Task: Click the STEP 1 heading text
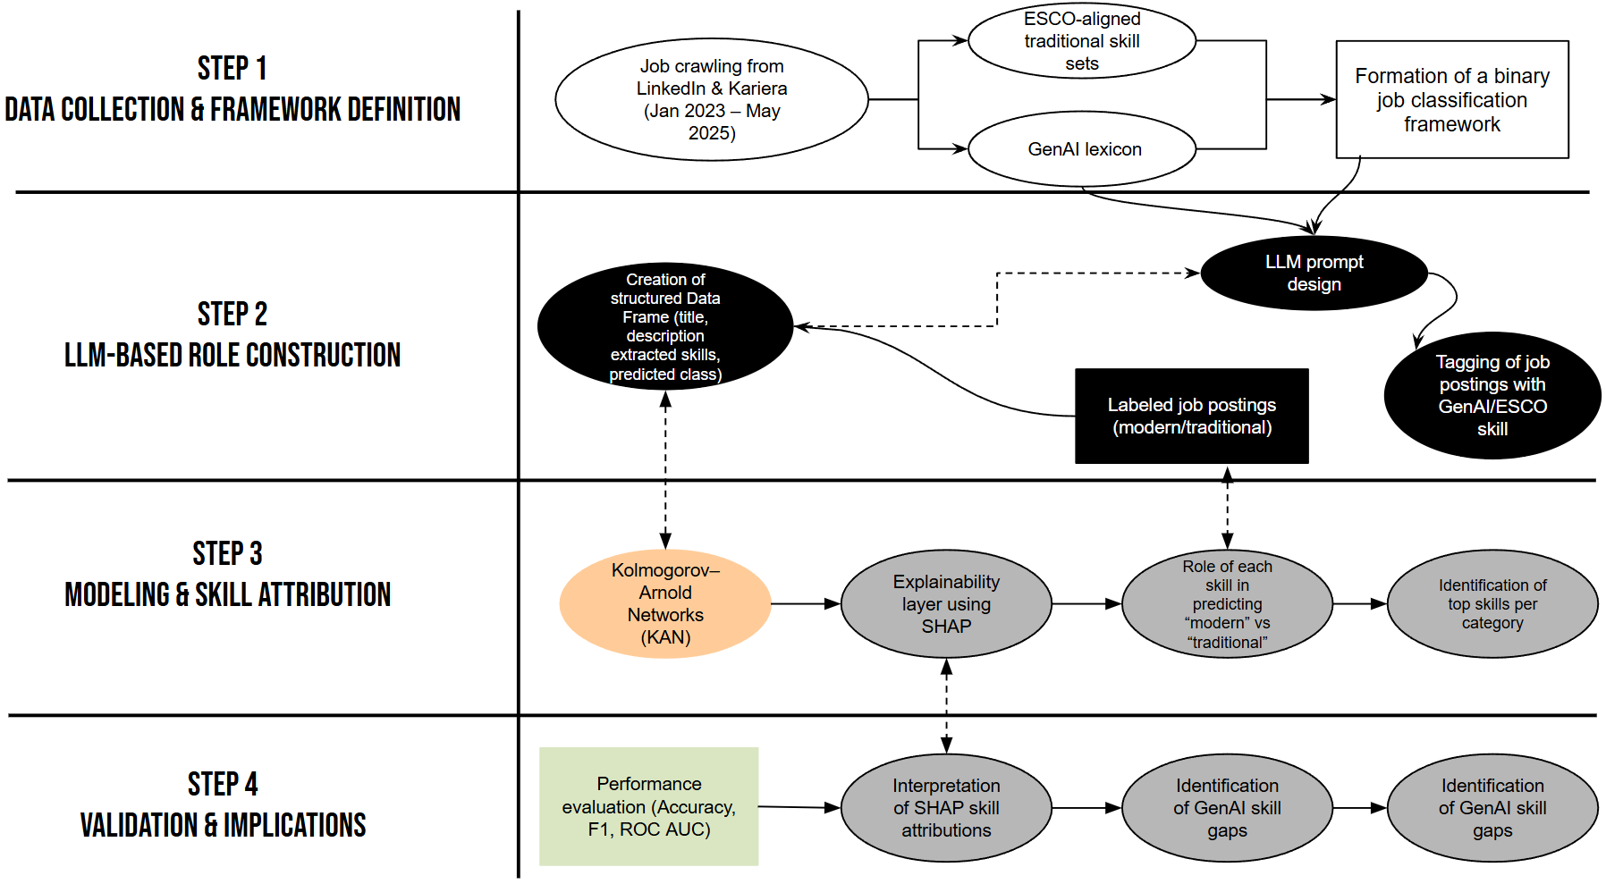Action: click(232, 69)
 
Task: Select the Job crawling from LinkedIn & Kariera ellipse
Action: click(711, 99)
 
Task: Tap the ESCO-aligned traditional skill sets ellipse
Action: click(1081, 41)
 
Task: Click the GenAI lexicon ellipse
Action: click(1081, 149)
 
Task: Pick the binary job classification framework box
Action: click(1451, 99)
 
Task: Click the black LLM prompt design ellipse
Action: click(1313, 273)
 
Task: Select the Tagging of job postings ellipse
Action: click(1491, 395)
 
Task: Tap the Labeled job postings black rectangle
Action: click(1191, 416)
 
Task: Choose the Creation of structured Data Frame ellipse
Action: click(664, 326)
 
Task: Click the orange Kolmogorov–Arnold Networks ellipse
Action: click(664, 603)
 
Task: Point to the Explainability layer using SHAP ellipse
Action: click(945, 603)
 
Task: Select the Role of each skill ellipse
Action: click(1226, 603)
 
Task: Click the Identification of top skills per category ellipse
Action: click(1491, 603)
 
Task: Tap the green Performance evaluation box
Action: click(648, 806)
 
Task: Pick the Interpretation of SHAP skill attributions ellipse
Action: click(945, 807)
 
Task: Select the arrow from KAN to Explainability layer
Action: click(805, 603)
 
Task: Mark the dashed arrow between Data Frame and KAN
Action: click(664, 469)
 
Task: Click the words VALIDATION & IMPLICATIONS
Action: click(223, 825)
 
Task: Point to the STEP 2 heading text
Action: click(232, 315)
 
